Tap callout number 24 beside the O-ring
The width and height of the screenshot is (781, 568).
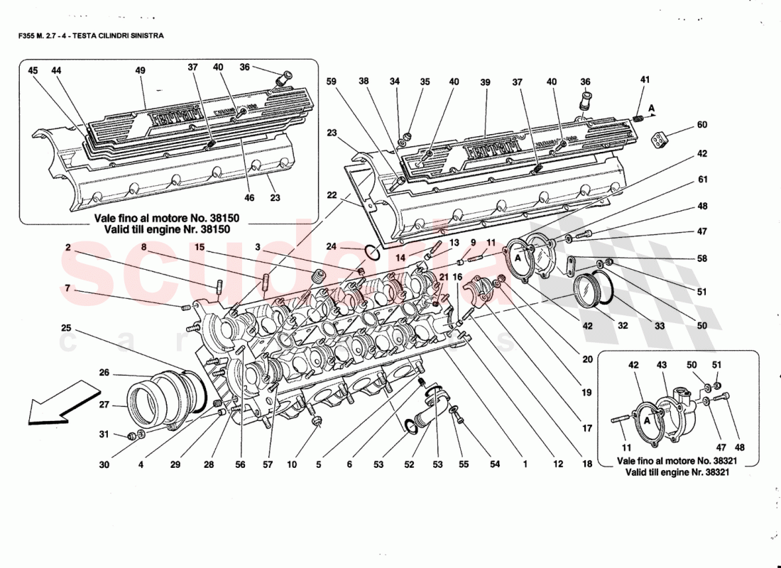click(332, 247)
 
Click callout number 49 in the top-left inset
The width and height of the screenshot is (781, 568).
click(141, 71)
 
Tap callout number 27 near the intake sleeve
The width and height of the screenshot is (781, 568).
click(104, 405)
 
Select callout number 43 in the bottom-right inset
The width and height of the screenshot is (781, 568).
click(661, 365)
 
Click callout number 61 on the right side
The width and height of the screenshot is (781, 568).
click(702, 180)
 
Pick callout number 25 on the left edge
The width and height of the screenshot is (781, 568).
click(66, 328)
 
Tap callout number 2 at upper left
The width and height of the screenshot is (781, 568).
click(68, 248)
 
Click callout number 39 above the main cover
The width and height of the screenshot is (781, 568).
click(486, 83)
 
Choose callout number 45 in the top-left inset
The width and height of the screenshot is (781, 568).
click(33, 71)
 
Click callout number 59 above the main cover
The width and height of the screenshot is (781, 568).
click(332, 82)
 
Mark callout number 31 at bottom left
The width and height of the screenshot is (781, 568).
click(104, 435)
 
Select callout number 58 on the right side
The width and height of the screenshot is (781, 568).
click(702, 260)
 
